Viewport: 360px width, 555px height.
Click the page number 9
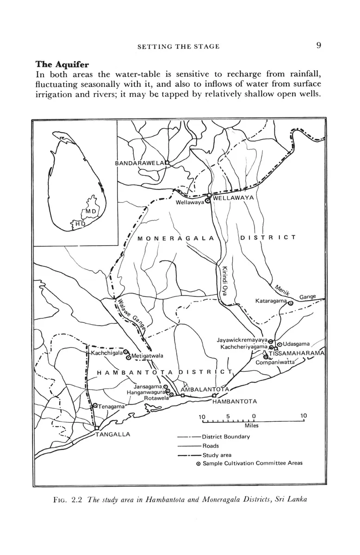(319, 45)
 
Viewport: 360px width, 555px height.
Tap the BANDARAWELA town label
(139, 163)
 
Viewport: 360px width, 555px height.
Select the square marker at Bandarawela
(168, 162)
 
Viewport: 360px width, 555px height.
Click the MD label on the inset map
(91, 212)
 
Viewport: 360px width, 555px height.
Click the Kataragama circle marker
(291, 303)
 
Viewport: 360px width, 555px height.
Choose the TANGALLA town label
(112, 434)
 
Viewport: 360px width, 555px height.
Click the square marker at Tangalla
(96, 428)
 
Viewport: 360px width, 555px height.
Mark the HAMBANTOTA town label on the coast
(235, 401)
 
